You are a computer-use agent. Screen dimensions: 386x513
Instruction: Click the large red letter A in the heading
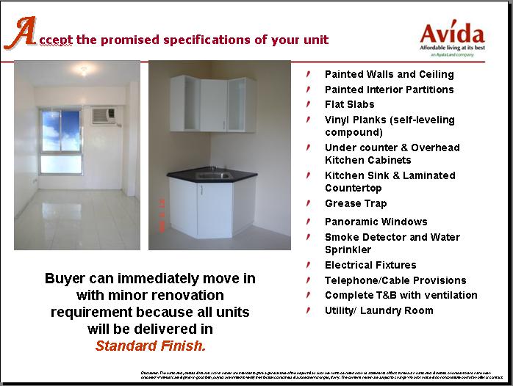(24, 33)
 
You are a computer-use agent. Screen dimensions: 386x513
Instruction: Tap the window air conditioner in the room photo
(101, 114)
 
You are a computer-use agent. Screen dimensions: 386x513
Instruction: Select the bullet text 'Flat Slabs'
(349, 104)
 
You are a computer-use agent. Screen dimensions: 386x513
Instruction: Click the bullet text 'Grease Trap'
(356, 203)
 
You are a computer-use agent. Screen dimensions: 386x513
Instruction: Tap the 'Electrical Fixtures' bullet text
(370, 265)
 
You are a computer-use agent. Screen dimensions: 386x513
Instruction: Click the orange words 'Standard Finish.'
(150, 345)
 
